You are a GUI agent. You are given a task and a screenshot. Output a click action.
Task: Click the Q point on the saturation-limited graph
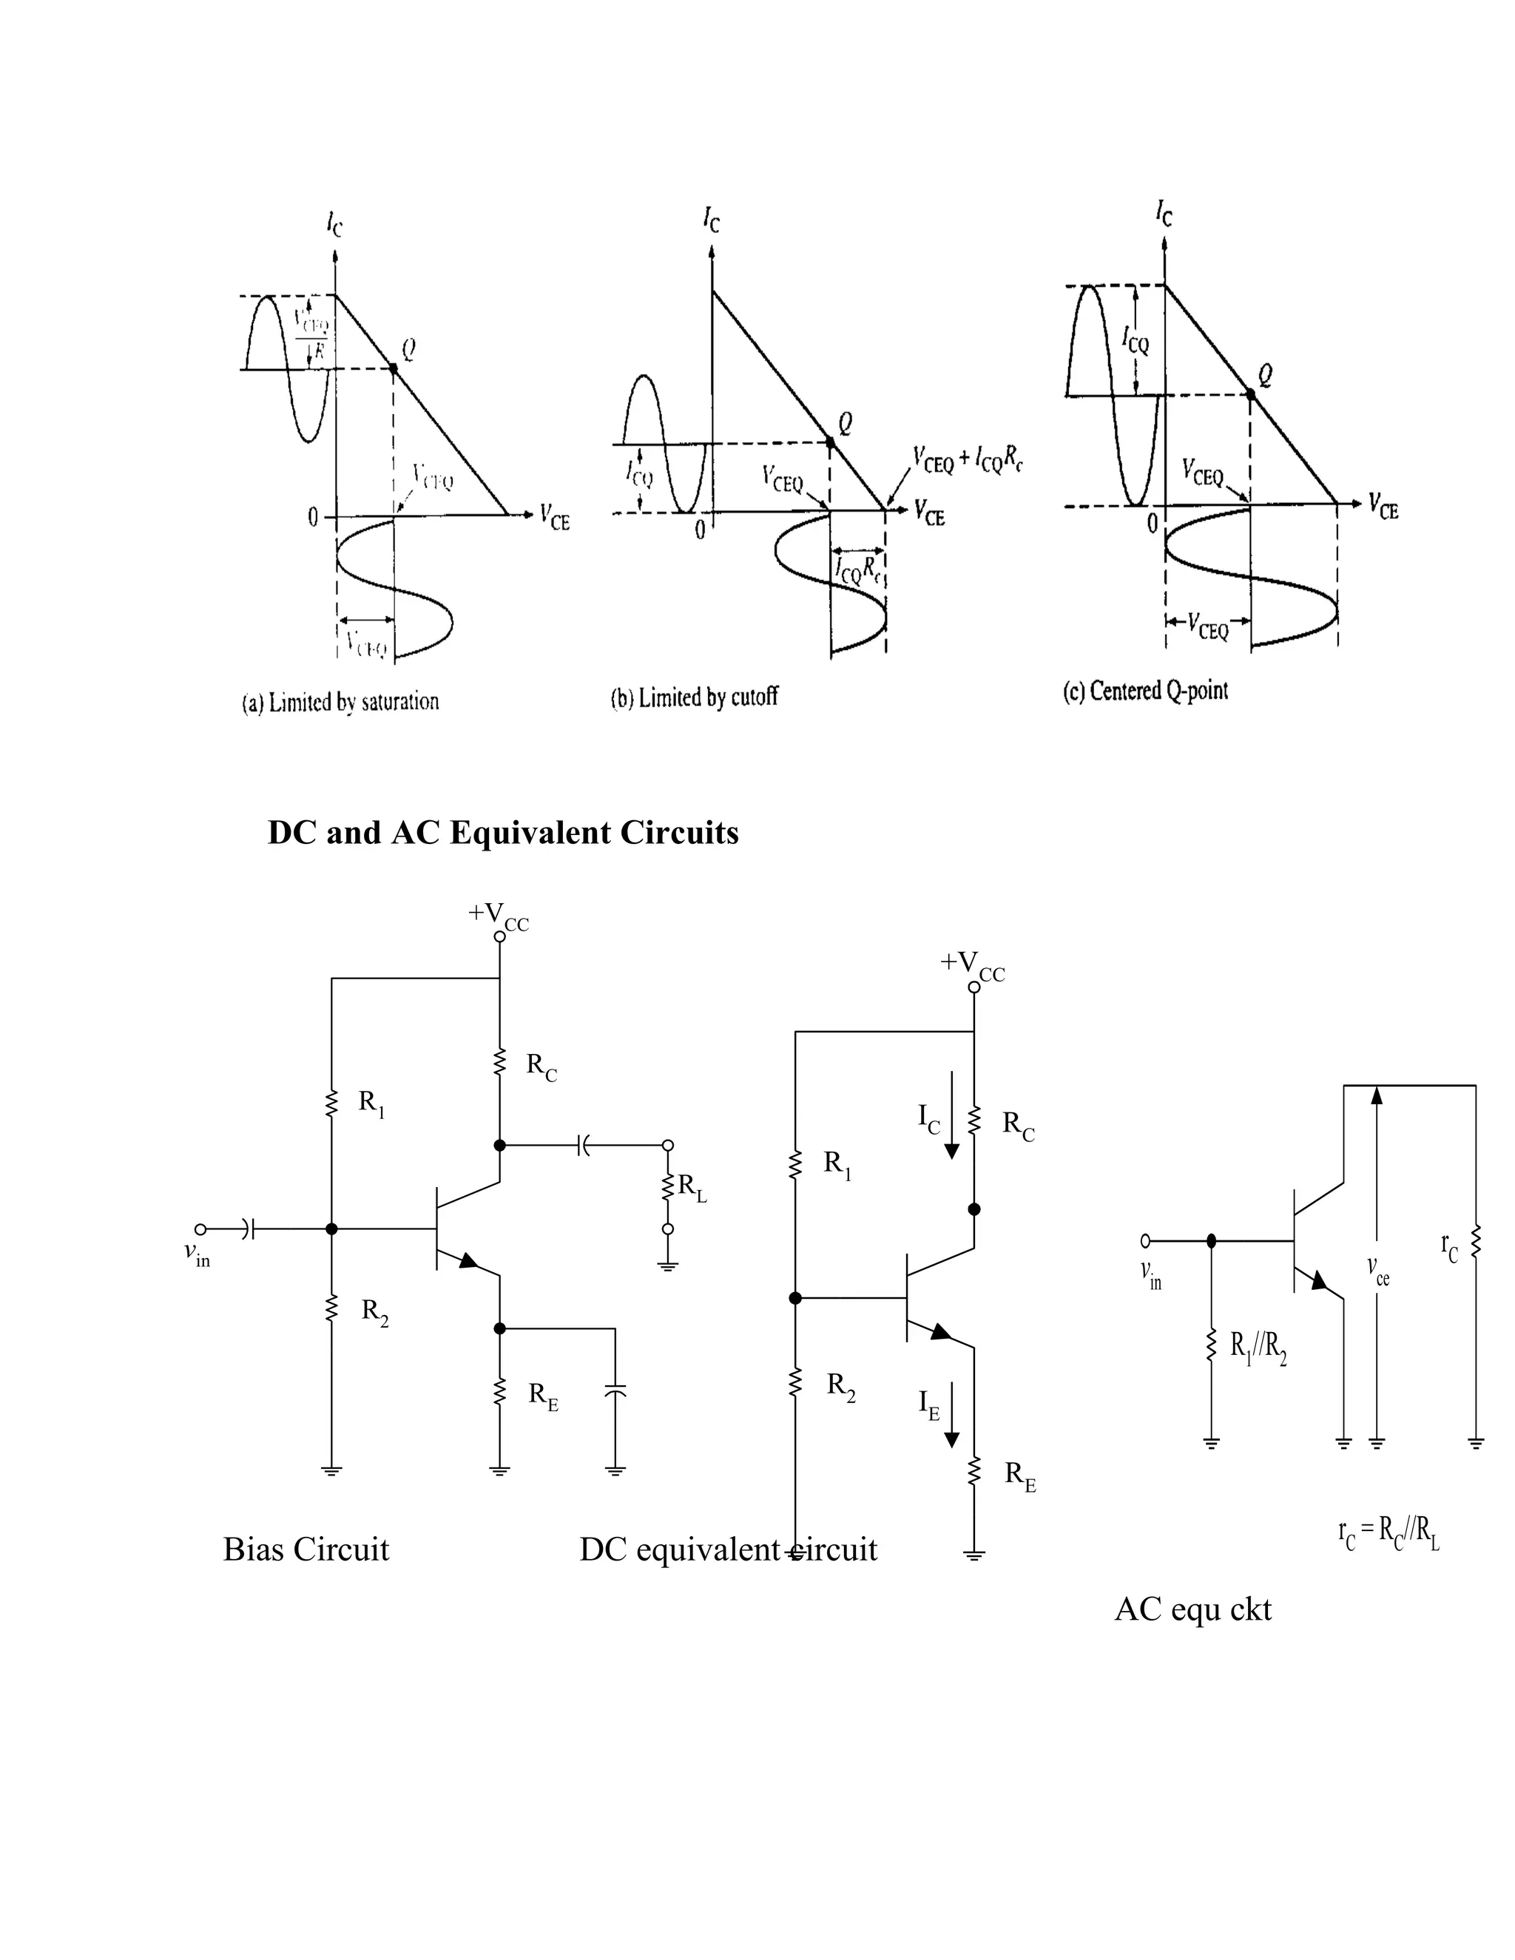pyautogui.click(x=393, y=368)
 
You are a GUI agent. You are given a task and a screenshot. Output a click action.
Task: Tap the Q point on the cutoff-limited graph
pyautogui.click(x=830, y=442)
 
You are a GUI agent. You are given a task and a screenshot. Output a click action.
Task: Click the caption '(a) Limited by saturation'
pyautogui.click(x=340, y=703)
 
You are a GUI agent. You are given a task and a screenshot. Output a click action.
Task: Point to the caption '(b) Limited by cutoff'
pyautogui.click(x=694, y=697)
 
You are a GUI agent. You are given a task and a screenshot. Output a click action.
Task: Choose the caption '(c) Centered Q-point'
pyautogui.click(x=1145, y=691)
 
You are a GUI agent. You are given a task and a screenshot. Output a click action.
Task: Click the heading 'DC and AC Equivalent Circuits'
pyautogui.click(x=502, y=833)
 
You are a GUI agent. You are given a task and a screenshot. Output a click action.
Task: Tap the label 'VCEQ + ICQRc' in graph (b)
pyautogui.click(x=968, y=459)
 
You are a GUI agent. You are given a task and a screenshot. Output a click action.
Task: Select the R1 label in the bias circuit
pyautogui.click(x=371, y=1103)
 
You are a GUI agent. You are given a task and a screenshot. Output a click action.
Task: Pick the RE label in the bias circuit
pyautogui.click(x=543, y=1396)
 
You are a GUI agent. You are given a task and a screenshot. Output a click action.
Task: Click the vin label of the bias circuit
pyautogui.click(x=197, y=1256)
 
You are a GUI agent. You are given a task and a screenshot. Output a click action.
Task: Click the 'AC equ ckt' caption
pyautogui.click(x=1192, y=1609)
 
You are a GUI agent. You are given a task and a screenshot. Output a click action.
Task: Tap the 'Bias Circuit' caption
pyautogui.click(x=306, y=1549)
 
